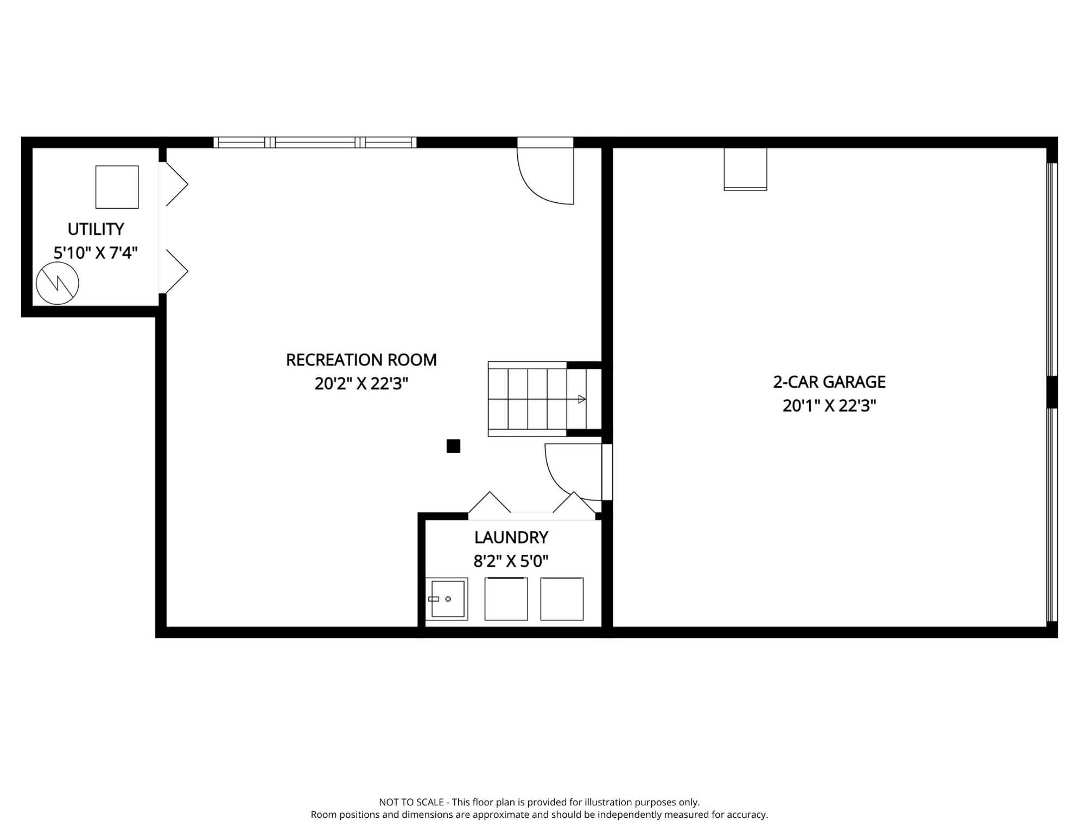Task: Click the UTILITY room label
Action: [96, 229]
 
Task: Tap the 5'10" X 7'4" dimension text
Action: [96, 253]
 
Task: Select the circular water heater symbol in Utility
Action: [58, 283]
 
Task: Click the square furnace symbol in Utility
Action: [117, 187]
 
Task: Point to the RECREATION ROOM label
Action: [361, 360]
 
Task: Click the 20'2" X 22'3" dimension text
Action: [361, 384]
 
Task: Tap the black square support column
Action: [453, 446]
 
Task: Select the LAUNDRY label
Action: [511, 537]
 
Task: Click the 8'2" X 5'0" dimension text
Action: [511, 561]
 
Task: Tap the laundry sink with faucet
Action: [447, 599]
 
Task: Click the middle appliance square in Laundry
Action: [506, 599]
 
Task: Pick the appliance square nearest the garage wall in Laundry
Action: [562, 599]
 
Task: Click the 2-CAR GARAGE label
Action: [829, 382]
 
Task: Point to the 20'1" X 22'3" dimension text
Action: [829, 406]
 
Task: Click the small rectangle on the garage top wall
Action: [746, 169]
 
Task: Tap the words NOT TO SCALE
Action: [411, 802]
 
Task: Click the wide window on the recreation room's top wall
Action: [315, 143]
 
